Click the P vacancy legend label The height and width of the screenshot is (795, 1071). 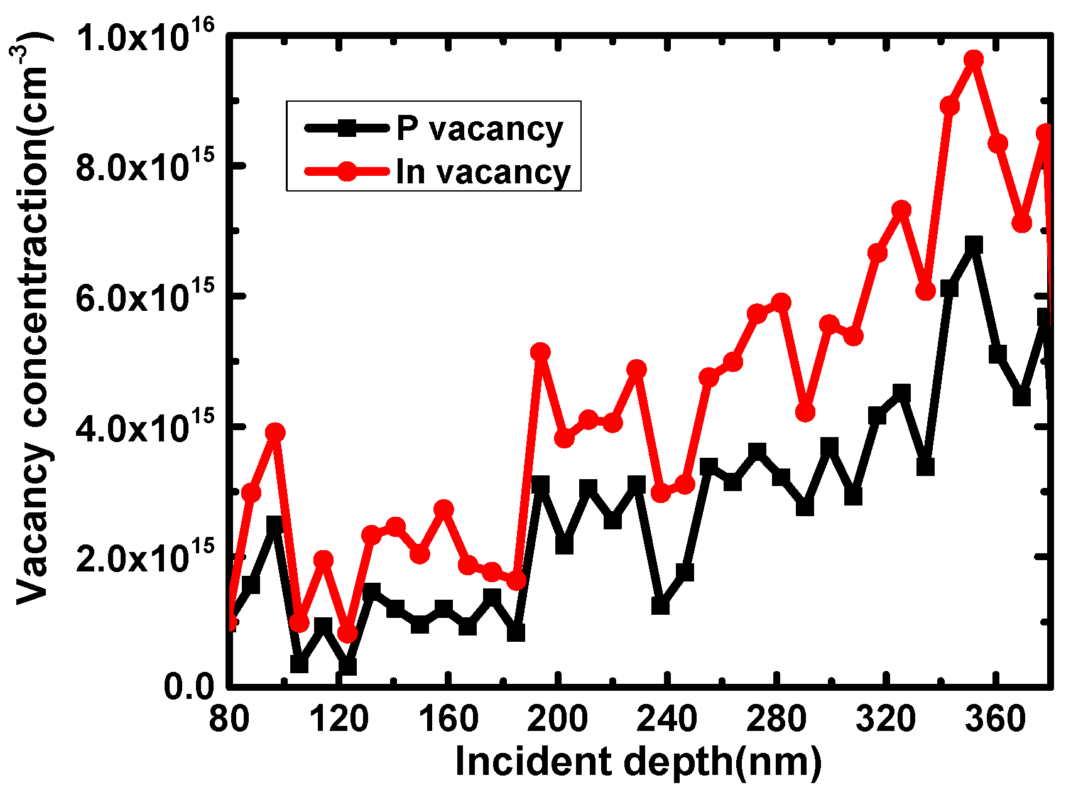[x=479, y=130]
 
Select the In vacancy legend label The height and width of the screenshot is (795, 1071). [x=482, y=172]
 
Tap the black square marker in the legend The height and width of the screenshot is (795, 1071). [x=346, y=128]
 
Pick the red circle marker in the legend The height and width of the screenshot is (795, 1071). [x=346, y=171]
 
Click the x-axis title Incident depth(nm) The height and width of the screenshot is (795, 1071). [x=638, y=762]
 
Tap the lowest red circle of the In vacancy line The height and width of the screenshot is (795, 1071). [x=347, y=633]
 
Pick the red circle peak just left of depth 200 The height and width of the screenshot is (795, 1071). [x=540, y=352]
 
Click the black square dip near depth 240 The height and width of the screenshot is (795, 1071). [x=660, y=606]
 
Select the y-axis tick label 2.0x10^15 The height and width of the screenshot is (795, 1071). [x=144, y=557]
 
